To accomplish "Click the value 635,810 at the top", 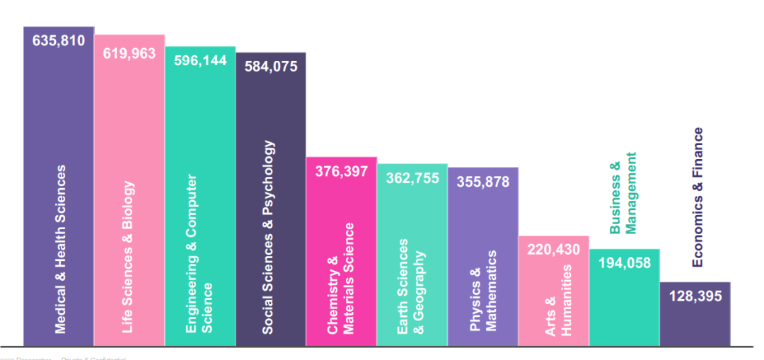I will pyautogui.click(x=59, y=41).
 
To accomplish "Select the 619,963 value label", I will pyautogui.click(x=129, y=53).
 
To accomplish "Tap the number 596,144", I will pyautogui.click(x=200, y=61).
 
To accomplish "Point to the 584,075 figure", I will pyautogui.click(x=271, y=67).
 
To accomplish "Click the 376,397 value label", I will pyautogui.click(x=342, y=172).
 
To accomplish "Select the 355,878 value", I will pyautogui.click(x=483, y=181).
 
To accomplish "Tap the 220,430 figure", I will pyautogui.click(x=554, y=250).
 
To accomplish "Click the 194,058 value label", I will pyautogui.click(x=625, y=263).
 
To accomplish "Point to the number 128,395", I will pyautogui.click(x=695, y=296).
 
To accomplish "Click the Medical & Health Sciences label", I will pyautogui.click(x=60, y=249).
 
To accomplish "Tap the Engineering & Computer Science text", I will pyautogui.click(x=199, y=253).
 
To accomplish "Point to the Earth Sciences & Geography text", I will pyautogui.click(x=411, y=286).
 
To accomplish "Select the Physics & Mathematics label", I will pyautogui.click(x=482, y=291).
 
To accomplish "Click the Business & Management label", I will pyautogui.click(x=623, y=193).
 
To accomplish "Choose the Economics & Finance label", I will pyautogui.click(x=698, y=197).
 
